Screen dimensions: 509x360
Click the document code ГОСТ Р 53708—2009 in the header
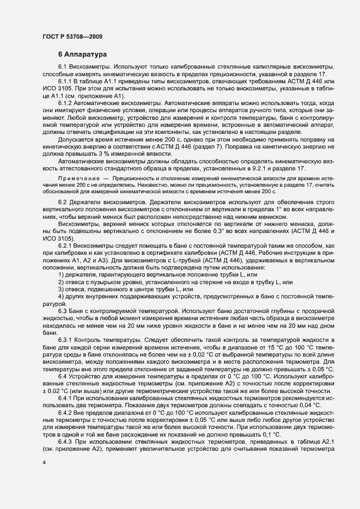pos(70,36)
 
